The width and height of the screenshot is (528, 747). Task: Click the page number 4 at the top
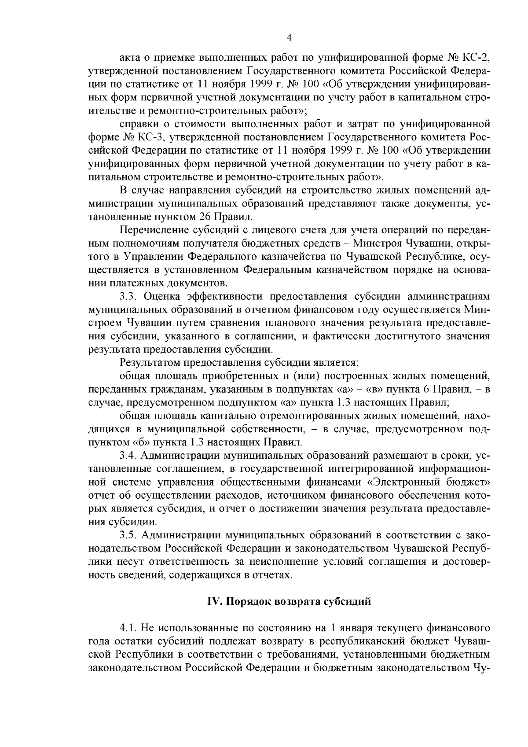(x=289, y=38)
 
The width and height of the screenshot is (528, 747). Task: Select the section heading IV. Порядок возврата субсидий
(x=289, y=602)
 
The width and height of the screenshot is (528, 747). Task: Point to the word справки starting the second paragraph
(x=136, y=124)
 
